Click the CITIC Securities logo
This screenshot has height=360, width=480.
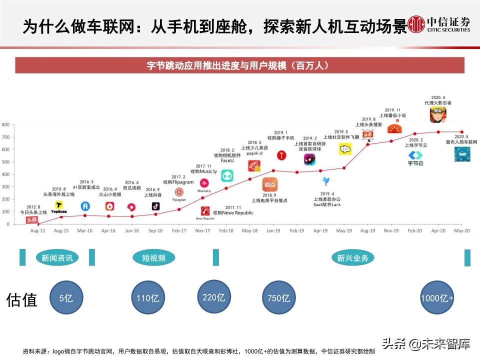pos(439,23)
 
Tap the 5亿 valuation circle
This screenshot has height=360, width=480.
pos(66,298)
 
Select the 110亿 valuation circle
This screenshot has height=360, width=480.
pos(147,298)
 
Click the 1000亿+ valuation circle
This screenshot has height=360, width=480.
pos(437,298)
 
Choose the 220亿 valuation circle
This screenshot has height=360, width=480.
pos(213,297)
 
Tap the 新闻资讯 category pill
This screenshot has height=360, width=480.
pos(57,258)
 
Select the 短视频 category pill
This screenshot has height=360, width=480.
pos(153,258)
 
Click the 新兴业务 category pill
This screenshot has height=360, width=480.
pos(352,258)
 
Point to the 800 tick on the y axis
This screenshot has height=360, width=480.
pos(5,124)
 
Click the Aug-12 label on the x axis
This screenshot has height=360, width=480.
pos(37,231)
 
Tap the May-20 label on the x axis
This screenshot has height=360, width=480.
pos(461,231)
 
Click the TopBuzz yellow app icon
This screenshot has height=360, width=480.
pos(59,206)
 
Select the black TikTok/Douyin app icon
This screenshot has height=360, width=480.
pos(155,205)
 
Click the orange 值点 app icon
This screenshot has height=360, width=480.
pos(269,184)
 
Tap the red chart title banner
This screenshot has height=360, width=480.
pos(240,65)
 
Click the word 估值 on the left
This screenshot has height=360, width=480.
pos(21,299)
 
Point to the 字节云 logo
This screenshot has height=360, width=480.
pos(415,158)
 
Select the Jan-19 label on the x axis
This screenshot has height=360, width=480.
pos(273,231)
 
